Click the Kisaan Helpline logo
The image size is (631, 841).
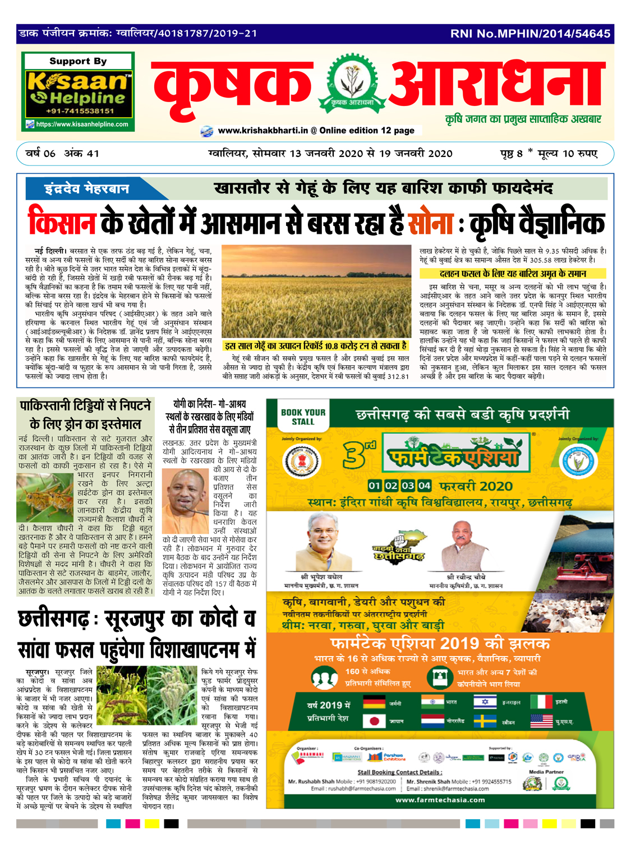point(78,91)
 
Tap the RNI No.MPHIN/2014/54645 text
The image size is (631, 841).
point(530,34)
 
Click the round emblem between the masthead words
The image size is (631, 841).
point(352,82)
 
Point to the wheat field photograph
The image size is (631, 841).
point(316,291)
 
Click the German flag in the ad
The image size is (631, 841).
point(374,703)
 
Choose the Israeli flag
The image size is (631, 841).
point(485,702)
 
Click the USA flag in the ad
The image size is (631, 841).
point(541,720)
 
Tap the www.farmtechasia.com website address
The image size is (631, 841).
point(440,800)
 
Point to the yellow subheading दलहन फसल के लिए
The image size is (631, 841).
point(513,274)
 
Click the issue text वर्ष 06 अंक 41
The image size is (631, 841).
point(63,154)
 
